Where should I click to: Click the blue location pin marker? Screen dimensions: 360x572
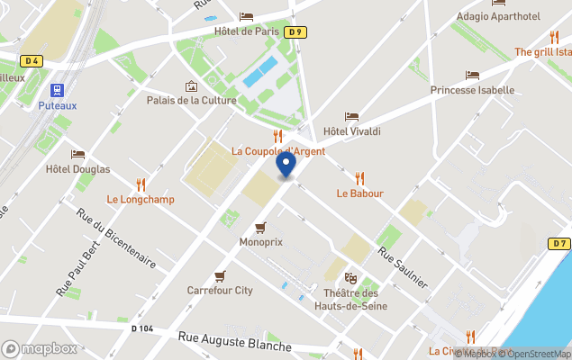point(286,165)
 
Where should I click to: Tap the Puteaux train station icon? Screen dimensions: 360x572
point(58,90)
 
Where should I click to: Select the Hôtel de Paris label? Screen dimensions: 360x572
point(246,31)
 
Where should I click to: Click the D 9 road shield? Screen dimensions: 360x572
point(294,31)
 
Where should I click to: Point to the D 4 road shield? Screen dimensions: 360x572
point(32,61)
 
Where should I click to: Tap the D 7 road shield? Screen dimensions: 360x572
point(558,243)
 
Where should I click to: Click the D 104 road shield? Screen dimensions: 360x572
point(142,328)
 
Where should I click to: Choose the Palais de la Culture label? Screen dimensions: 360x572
point(192,100)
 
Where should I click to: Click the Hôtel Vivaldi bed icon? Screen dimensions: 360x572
point(351,117)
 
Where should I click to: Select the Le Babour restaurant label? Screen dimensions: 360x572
point(360,193)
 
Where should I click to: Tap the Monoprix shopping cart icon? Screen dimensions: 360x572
point(261,228)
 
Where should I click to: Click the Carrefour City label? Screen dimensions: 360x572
point(220,291)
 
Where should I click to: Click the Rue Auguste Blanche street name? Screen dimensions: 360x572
point(234,342)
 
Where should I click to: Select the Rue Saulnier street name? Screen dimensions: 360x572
point(402,267)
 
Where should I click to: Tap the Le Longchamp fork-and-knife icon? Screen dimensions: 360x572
point(141,184)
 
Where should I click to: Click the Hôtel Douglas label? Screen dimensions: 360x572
point(77,169)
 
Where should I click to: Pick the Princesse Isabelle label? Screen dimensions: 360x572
point(472,90)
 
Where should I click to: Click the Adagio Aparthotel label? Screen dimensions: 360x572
point(498,16)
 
